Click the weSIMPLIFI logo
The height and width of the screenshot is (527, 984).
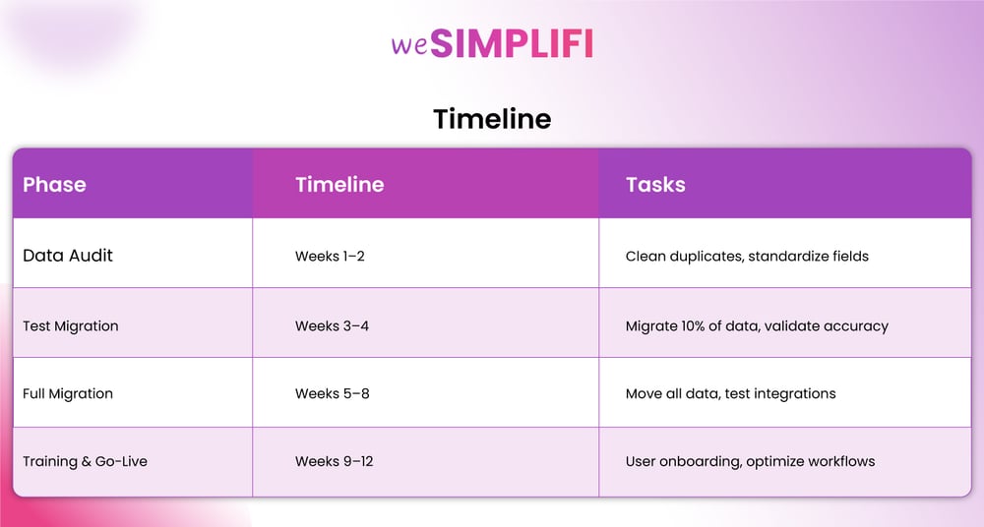[x=492, y=43]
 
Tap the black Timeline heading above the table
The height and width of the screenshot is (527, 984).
[x=492, y=119]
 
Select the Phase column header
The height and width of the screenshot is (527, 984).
[x=54, y=185]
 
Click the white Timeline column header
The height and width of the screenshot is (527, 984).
[x=339, y=185]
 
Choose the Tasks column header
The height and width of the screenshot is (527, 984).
[x=655, y=185]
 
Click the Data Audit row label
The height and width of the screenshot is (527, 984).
[x=68, y=256]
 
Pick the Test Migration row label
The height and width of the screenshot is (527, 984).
[x=70, y=326]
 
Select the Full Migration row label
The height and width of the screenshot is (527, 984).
[x=68, y=394]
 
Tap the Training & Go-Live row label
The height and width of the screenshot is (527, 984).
[x=85, y=461]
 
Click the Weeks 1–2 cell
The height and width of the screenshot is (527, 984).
[x=330, y=256]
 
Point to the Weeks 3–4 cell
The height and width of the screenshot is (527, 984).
[x=332, y=326]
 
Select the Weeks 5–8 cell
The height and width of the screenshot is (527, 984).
[x=332, y=394]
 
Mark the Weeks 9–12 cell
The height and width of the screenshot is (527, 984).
[x=334, y=461]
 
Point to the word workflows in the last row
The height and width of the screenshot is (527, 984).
[x=841, y=461]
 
